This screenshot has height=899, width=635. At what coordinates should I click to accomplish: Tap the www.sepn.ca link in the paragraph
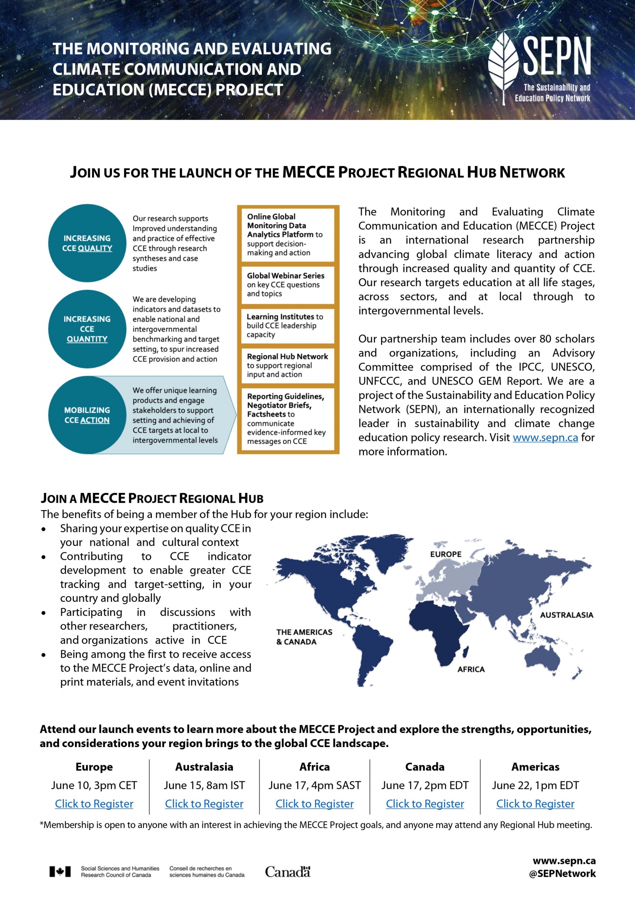pos(545,438)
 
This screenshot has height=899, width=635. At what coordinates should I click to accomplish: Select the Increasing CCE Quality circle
pos(87,243)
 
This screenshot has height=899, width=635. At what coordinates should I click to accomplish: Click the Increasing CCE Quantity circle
pos(87,329)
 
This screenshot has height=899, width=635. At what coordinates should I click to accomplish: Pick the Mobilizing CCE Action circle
pos(87,415)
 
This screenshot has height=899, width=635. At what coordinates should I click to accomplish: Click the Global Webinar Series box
pos(288,285)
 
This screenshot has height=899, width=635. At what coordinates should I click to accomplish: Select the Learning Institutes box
pos(288,326)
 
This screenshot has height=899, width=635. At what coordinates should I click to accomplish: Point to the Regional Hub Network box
pos(288,365)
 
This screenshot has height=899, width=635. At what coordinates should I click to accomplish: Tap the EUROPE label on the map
pos(445,554)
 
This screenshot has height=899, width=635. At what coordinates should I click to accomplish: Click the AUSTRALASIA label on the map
pos(566,615)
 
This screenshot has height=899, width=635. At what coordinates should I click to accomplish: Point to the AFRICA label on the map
pos(471,669)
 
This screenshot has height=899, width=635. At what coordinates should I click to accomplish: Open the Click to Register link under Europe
pos(94,804)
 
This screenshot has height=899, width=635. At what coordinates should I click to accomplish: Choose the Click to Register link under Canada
pos(425,804)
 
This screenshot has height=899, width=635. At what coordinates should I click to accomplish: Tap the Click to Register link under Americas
pos(535,804)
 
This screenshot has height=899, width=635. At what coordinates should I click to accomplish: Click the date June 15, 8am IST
pos(204,785)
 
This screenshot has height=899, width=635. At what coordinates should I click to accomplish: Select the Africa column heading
pos(314,767)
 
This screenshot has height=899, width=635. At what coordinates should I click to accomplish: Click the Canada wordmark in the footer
pos(287,872)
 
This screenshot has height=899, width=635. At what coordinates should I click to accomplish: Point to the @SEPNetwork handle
pos(562,874)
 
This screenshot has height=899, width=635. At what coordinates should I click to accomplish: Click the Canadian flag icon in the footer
pos(60,872)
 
